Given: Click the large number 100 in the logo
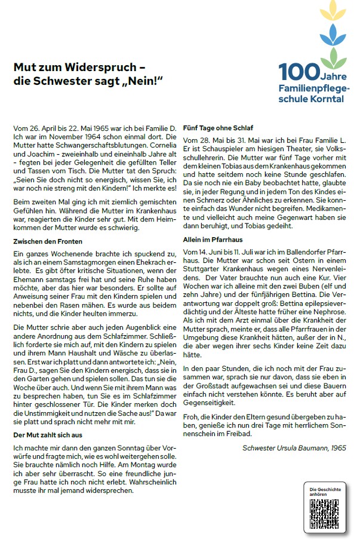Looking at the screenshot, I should tap(300, 72).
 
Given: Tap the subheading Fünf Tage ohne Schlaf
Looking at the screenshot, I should tap(219, 128).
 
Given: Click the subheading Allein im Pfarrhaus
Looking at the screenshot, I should tap(214, 239).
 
